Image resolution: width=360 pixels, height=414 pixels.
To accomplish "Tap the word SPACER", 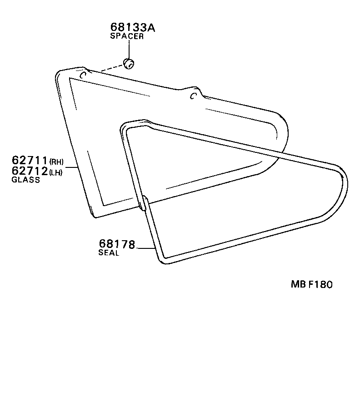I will [127, 36].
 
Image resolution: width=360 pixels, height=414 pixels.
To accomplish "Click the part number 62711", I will [30, 160].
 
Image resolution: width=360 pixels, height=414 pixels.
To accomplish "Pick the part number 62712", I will [30, 171].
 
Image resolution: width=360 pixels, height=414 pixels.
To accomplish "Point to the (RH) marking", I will [56, 162].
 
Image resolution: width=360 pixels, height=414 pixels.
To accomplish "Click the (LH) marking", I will [56, 172].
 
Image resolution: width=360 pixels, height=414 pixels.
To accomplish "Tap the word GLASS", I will [26, 180].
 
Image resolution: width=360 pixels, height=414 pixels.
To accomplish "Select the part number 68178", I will [117, 245].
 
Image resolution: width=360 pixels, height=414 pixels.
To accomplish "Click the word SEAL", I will [109, 253].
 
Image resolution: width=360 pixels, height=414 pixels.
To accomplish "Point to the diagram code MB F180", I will [312, 284].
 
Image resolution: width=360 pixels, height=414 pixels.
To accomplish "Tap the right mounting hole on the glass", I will [193, 95].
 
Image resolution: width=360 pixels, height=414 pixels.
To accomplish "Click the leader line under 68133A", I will [129, 49].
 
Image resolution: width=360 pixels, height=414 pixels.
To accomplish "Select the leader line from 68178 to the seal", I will [145, 248].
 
